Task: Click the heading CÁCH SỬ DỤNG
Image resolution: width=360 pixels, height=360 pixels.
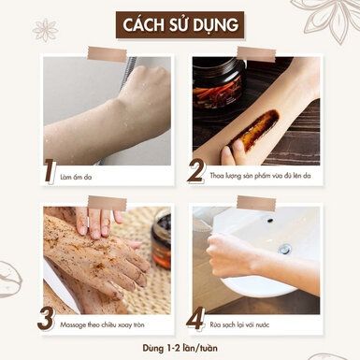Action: pos(179,24)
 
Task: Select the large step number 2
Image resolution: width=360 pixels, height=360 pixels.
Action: pos(197,169)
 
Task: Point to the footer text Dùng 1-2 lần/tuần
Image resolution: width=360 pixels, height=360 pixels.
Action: pos(179,348)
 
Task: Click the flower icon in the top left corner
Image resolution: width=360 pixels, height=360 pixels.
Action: pos(44,30)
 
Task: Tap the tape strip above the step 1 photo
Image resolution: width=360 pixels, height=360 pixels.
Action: pos(106,53)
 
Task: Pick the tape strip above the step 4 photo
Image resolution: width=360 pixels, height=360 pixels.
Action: pos(255,203)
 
